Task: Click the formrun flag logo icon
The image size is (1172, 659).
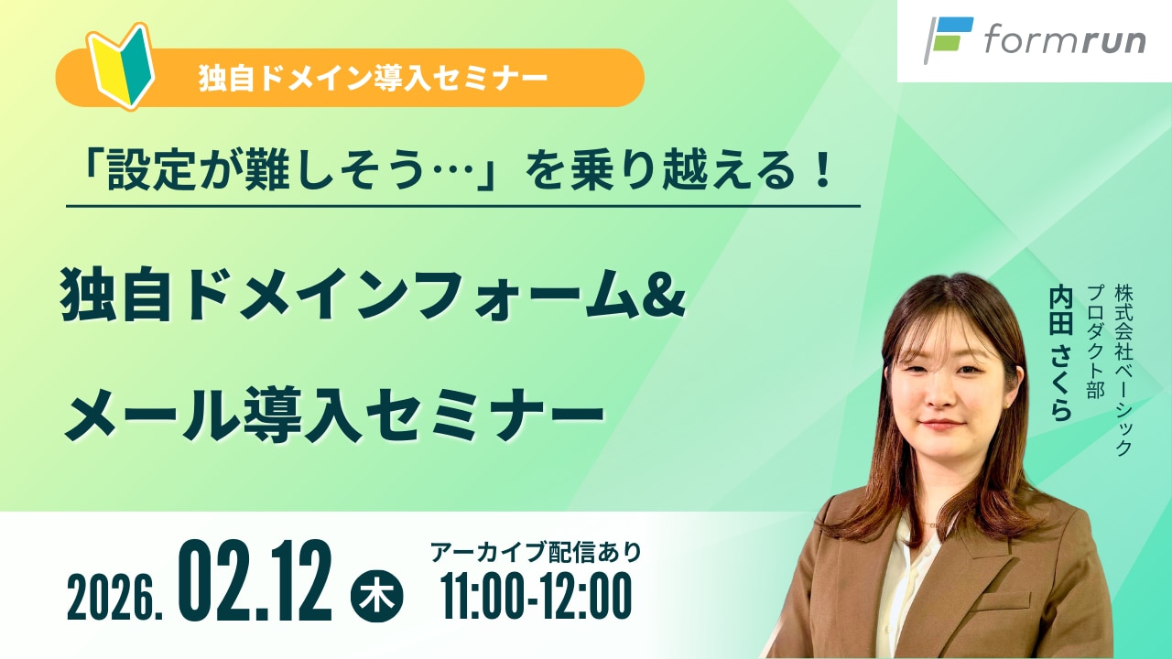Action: (948, 39)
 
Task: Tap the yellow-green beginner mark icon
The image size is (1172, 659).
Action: (121, 66)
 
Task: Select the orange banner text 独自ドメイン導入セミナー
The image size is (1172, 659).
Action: (373, 79)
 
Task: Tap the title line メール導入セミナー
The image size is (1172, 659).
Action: (334, 414)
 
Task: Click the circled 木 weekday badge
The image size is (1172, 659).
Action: (376, 596)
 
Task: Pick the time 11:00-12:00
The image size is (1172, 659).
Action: (537, 596)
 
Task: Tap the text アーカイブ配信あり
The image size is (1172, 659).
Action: (536, 552)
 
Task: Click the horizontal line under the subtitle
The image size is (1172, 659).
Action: (463, 206)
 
